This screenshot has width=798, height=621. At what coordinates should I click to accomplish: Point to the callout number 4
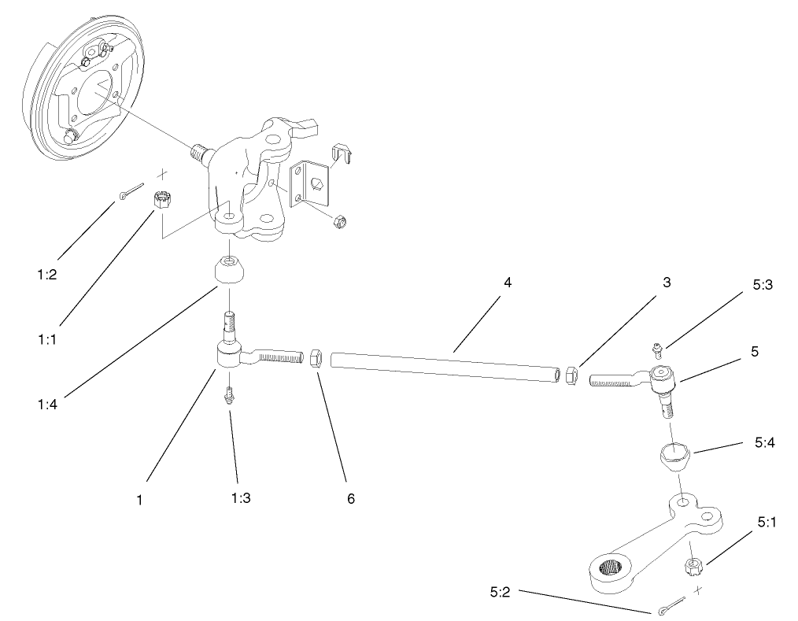click(508, 282)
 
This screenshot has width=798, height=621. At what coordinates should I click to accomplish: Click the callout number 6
click(350, 499)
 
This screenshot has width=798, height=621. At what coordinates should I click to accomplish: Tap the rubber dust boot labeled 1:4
click(228, 272)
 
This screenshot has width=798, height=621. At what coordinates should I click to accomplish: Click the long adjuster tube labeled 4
click(449, 368)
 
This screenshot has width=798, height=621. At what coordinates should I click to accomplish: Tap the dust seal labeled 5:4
click(675, 455)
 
